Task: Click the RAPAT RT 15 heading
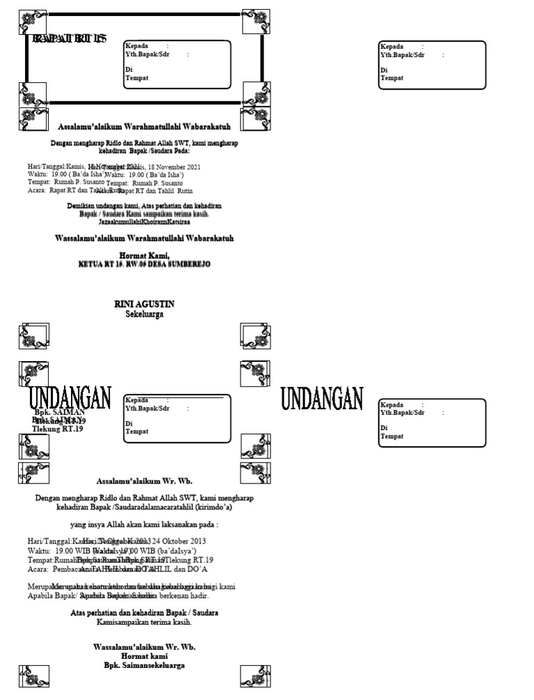(70, 39)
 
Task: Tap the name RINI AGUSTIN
(144, 304)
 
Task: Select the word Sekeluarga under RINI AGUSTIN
(144, 314)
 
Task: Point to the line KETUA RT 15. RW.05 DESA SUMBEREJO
(144, 264)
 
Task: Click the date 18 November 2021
(173, 167)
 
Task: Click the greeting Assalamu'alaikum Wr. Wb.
(144, 481)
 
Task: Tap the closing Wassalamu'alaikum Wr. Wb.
(144, 646)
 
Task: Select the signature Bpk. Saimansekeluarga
(144, 665)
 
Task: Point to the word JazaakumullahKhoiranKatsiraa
(144, 222)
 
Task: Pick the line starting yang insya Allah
(144, 524)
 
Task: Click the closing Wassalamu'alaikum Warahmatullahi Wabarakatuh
(144, 238)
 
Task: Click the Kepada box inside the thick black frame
(177, 64)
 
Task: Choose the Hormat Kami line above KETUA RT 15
(144, 256)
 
